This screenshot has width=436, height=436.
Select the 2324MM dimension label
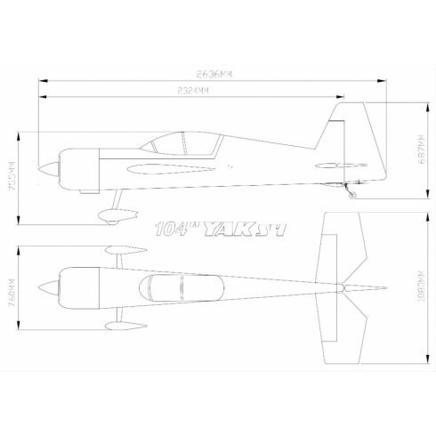coord(192,91)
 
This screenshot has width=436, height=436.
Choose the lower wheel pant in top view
coord(117,326)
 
